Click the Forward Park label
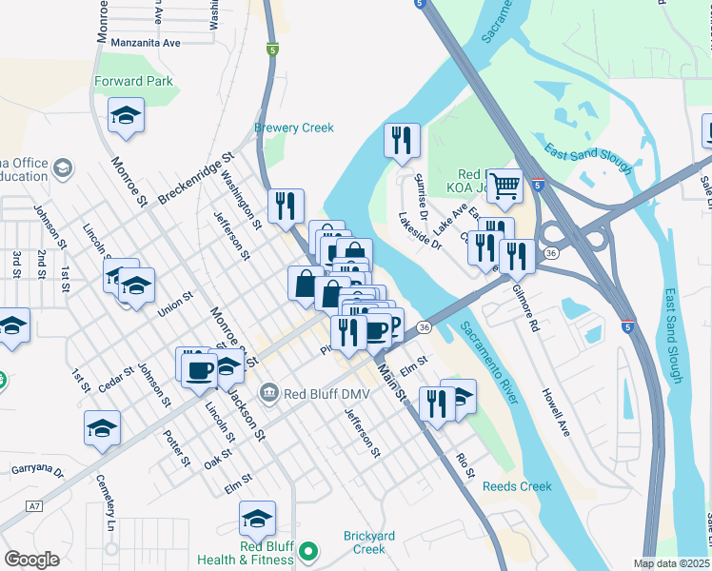click(x=133, y=82)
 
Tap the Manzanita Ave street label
click(x=145, y=44)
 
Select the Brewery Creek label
click(x=294, y=128)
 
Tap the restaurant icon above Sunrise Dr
click(x=402, y=140)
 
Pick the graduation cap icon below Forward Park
click(x=126, y=116)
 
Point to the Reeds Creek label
click(x=517, y=486)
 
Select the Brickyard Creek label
click(x=355, y=542)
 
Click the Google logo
click(x=32, y=560)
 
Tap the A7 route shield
click(x=35, y=505)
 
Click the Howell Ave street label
click(x=555, y=411)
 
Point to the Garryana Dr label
click(x=37, y=470)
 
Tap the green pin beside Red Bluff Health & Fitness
click(x=307, y=551)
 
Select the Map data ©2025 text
click(x=671, y=563)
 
